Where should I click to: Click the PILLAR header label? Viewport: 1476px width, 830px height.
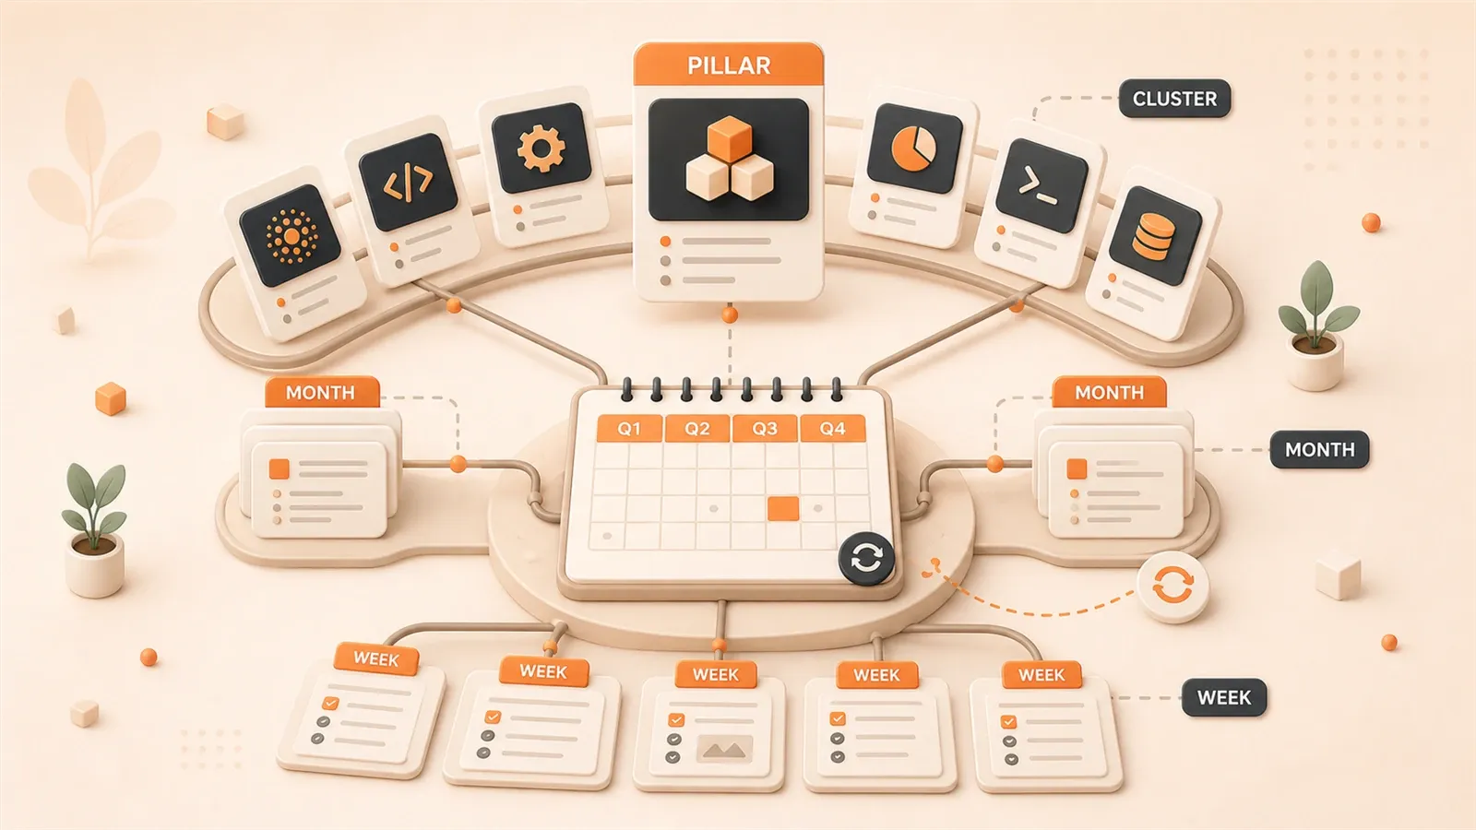(x=728, y=65)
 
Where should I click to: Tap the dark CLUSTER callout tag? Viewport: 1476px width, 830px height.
(x=1174, y=99)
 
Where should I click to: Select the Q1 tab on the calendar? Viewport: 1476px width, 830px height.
(x=628, y=429)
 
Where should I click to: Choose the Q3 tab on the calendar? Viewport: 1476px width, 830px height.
(x=765, y=429)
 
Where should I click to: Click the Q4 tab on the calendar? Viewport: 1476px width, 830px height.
(x=832, y=429)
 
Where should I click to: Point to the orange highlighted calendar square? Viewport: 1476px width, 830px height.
(x=783, y=509)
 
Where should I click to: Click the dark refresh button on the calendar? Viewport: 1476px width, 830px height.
(x=866, y=559)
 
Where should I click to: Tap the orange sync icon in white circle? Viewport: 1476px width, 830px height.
(x=1172, y=586)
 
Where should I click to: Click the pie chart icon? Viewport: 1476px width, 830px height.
(x=913, y=148)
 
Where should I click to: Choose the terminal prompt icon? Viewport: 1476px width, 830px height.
(x=1038, y=185)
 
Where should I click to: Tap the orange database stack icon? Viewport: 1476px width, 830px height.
(x=1153, y=235)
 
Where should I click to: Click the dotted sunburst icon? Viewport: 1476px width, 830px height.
(x=291, y=236)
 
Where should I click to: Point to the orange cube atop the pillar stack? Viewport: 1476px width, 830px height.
(x=730, y=139)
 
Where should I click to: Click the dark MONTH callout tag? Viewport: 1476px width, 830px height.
(x=1319, y=450)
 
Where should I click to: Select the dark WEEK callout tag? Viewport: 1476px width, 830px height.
(x=1223, y=697)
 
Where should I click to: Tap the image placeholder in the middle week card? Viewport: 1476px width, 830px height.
(x=725, y=749)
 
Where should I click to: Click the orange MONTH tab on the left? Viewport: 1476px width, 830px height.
(x=322, y=393)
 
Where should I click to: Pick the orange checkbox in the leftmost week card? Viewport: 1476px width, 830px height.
(x=331, y=704)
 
